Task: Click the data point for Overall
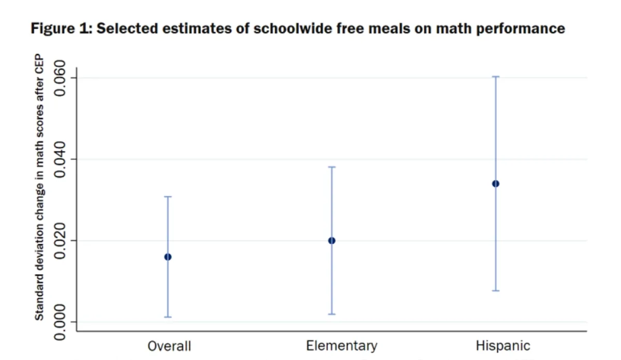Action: coord(168,257)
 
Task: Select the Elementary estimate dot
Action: coord(332,241)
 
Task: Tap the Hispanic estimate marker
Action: coord(496,184)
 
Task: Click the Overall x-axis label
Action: coord(169,346)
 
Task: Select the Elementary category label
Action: coord(342,346)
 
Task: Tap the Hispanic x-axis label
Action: coord(503,346)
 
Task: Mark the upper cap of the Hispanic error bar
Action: coord(496,77)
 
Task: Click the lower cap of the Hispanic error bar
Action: coord(496,291)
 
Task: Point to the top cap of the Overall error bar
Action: coord(168,197)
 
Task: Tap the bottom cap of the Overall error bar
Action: coord(168,317)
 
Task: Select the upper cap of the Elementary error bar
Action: coord(332,167)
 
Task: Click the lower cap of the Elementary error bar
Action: coord(332,314)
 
